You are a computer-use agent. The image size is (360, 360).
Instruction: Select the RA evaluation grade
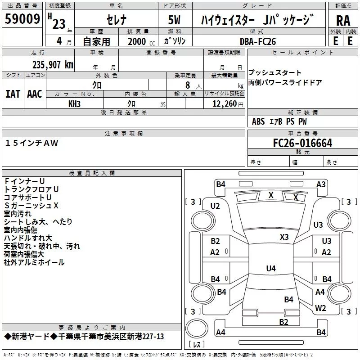click(343, 20)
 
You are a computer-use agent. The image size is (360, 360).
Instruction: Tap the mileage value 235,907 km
click(53, 64)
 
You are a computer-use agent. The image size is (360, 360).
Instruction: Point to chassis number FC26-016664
click(302, 143)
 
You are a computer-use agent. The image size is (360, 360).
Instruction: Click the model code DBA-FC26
click(258, 41)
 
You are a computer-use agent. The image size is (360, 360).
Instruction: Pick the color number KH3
click(74, 103)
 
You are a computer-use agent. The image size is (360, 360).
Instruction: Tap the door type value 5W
click(175, 20)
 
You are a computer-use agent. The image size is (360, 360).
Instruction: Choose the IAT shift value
click(13, 94)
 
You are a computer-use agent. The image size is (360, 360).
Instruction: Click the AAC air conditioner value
click(35, 94)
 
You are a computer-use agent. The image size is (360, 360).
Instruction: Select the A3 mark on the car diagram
click(321, 184)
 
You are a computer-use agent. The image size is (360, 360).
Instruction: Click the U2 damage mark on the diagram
click(215, 206)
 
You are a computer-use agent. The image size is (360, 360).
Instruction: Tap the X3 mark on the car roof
click(284, 237)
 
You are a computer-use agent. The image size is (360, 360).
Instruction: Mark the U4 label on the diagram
click(270, 268)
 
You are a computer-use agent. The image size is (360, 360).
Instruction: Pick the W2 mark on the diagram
click(320, 308)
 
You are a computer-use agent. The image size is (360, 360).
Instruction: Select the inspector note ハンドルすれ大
click(28, 238)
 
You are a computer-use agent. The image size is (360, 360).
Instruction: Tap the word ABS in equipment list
click(258, 121)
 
